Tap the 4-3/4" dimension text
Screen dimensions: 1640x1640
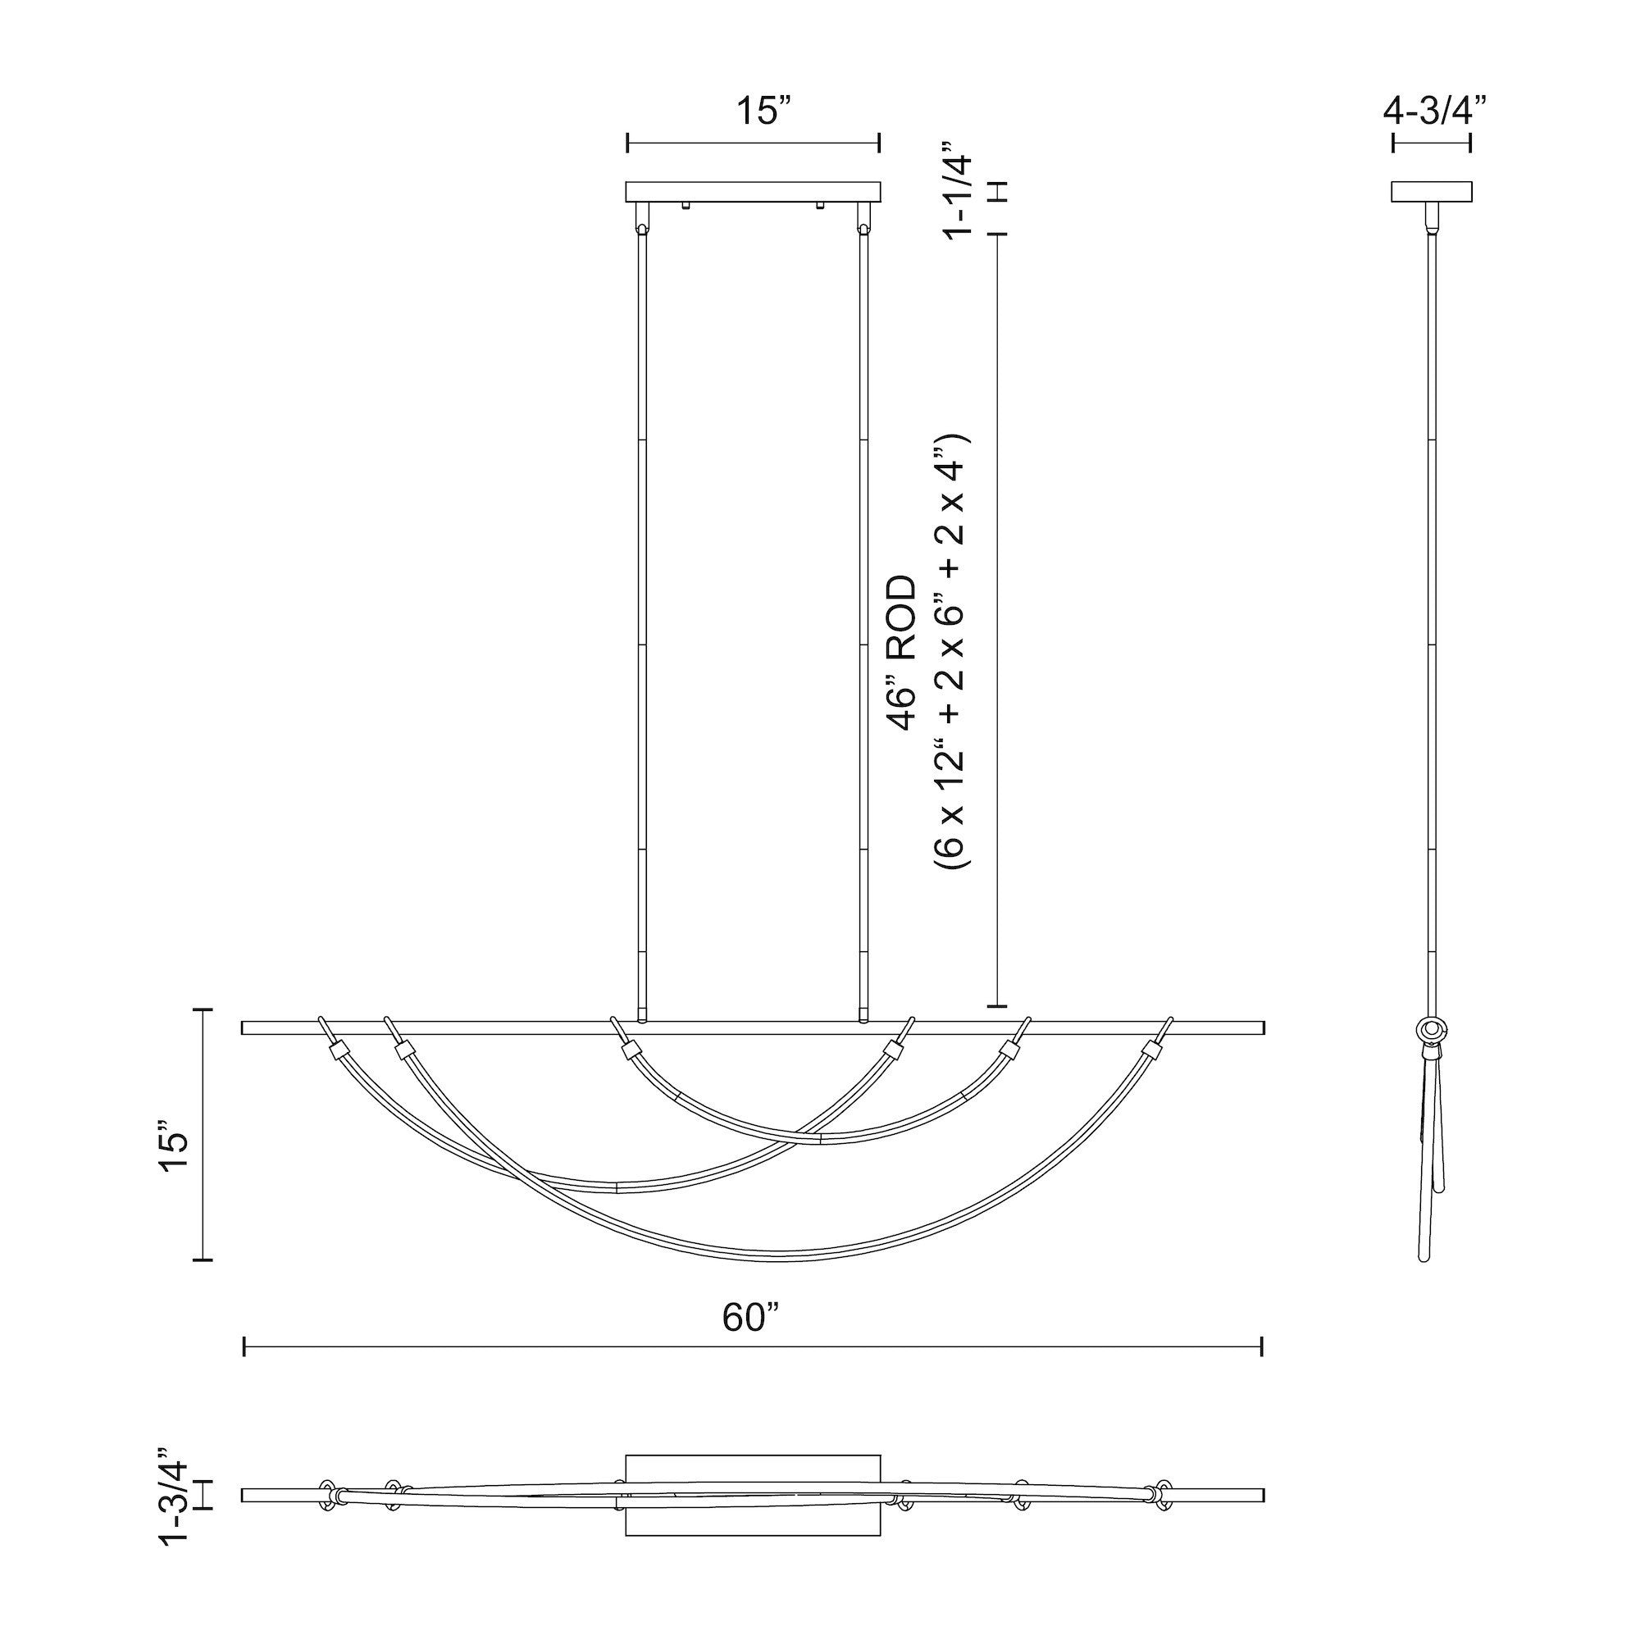(1434, 112)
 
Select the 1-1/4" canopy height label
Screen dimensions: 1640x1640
(960, 192)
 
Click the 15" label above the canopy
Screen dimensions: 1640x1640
(763, 112)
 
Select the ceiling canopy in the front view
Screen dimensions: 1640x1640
(753, 192)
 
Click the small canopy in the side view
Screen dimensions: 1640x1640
(1431, 192)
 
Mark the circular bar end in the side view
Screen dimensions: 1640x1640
(1432, 1030)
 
